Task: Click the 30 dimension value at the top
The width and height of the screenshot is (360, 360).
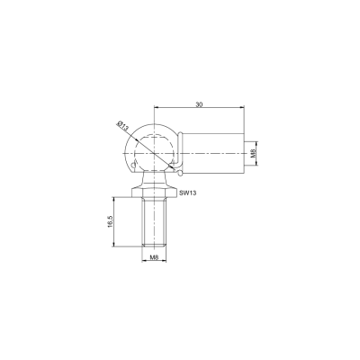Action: click(x=199, y=104)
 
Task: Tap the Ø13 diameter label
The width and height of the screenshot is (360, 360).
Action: click(x=123, y=125)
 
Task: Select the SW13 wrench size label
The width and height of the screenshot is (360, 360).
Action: click(x=187, y=193)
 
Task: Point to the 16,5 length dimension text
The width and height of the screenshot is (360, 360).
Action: click(x=110, y=221)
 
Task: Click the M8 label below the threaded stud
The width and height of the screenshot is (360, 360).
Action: click(x=154, y=257)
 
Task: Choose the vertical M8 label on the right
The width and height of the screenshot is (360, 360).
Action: click(x=253, y=153)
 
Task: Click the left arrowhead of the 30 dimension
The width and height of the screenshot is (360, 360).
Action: click(x=156, y=106)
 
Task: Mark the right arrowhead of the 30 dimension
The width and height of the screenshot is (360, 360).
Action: click(x=242, y=106)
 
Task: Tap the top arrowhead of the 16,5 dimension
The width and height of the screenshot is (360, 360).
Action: click(x=113, y=199)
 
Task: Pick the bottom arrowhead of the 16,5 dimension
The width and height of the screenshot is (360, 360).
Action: click(x=113, y=244)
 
